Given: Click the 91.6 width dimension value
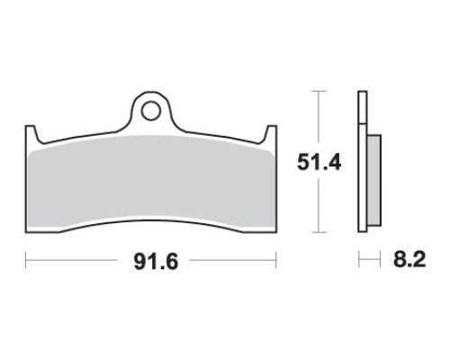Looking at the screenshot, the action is pyautogui.click(x=156, y=261).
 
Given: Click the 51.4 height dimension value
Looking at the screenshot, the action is pyautogui.click(x=319, y=163).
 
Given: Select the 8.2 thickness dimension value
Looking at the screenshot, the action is pyautogui.click(x=409, y=259).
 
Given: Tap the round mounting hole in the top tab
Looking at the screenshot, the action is pyautogui.click(x=151, y=112).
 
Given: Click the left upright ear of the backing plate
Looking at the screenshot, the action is pyautogui.click(x=31, y=133).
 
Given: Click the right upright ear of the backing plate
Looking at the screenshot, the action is pyautogui.click(x=271, y=133).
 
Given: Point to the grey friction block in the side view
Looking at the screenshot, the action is pyautogui.click(x=374, y=181).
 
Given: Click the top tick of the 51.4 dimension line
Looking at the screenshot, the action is pyautogui.click(x=319, y=91).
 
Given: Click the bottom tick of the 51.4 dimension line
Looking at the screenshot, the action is pyautogui.click(x=319, y=232).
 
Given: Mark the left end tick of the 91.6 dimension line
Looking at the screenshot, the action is pyautogui.click(x=26, y=260).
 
